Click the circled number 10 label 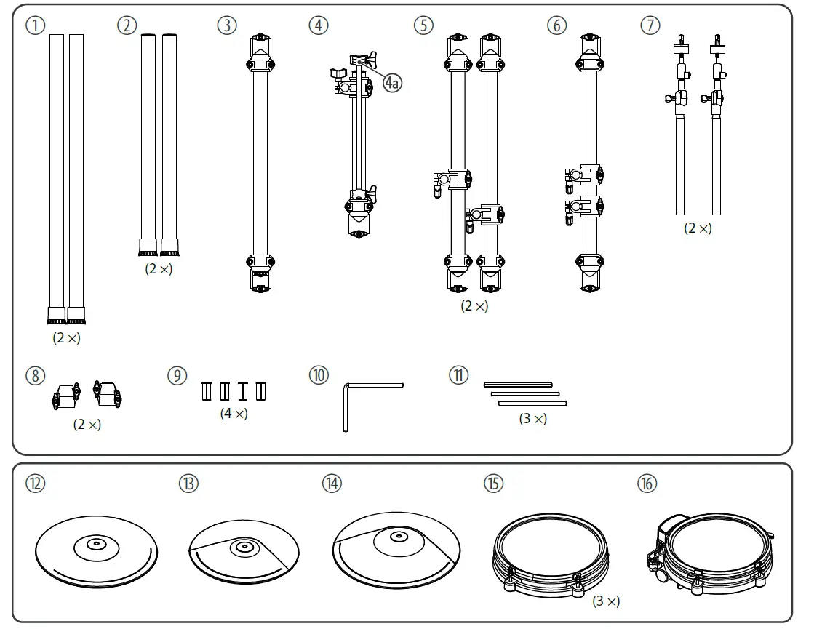(x=318, y=377)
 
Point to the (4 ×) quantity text (x=234, y=413)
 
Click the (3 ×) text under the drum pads (x=606, y=601)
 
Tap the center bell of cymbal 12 (x=96, y=543)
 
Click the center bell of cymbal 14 (x=396, y=537)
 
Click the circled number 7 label (x=649, y=25)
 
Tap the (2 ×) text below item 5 (x=474, y=306)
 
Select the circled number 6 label (x=556, y=25)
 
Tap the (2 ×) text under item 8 (x=87, y=425)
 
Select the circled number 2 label (x=127, y=25)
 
